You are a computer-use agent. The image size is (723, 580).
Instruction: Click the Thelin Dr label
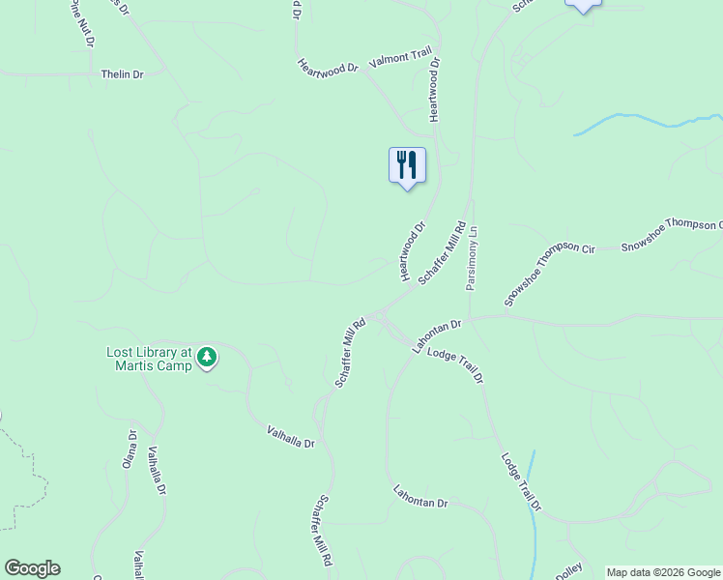[x=122, y=73]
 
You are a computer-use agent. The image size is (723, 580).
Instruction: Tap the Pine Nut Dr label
[x=81, y=24]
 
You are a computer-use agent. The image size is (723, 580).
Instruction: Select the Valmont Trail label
[x=399, y=60]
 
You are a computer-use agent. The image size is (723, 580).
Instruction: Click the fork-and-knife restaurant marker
[x=407, y=165]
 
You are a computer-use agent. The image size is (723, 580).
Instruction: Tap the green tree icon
[x=207, y=359]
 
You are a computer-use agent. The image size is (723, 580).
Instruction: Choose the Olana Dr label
[x=129, y=449]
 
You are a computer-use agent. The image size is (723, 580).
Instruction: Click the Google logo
[x=32, y=568]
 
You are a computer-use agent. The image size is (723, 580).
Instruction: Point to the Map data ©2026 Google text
[x=663, y=572]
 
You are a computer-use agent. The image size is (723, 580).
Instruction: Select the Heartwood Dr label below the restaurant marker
[x=413, y=252]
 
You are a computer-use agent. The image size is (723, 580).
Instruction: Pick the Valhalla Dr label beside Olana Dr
[x=155, y=472]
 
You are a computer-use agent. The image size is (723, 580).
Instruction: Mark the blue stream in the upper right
[x=638, y=121]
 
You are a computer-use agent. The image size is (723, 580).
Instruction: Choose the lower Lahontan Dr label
[x=421, y=497]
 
